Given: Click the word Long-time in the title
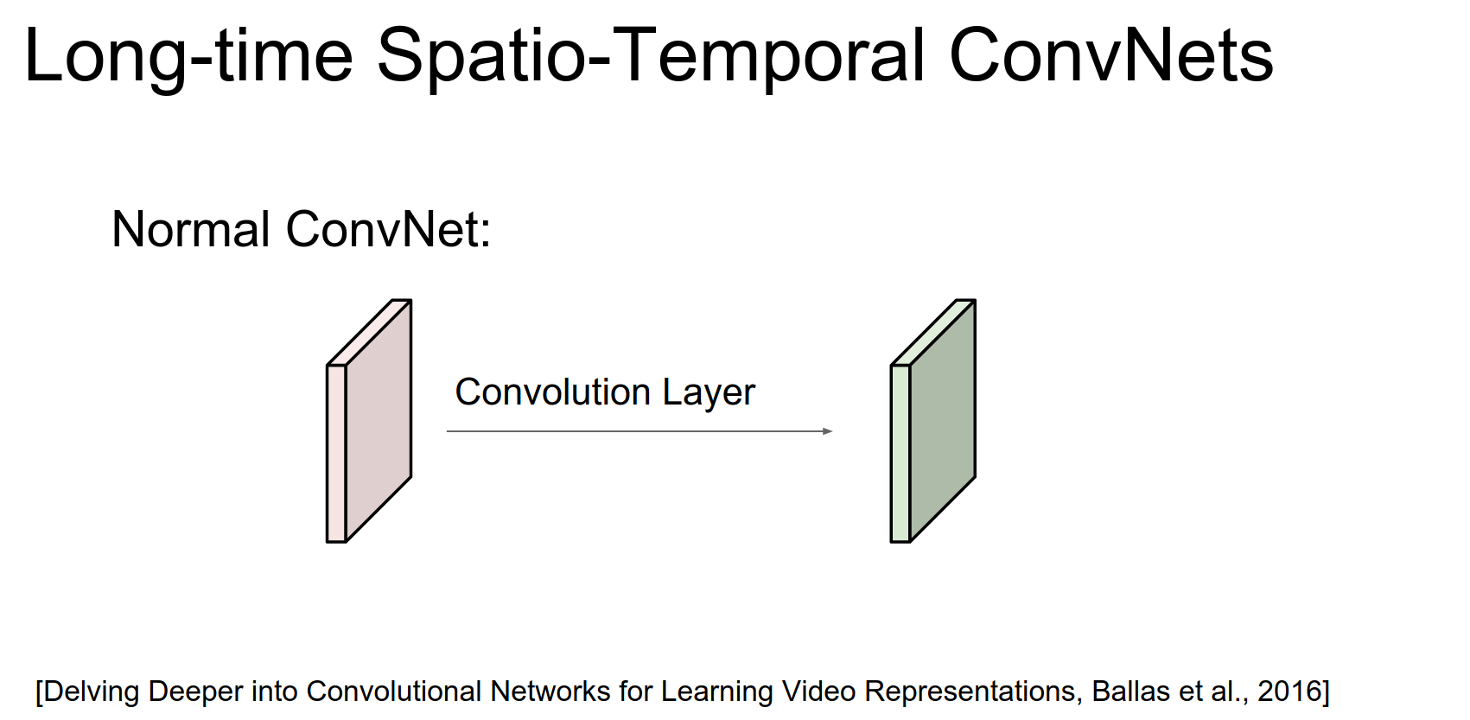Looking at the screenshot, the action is point(189,57).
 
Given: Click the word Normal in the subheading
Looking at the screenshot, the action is point(191,230).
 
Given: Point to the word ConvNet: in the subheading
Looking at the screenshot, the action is point(388,230).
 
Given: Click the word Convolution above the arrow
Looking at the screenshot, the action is point(553,392).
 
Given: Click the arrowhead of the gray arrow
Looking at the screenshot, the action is point(828,430).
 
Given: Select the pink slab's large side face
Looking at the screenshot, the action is point(379,421).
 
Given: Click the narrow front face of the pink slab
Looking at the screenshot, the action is point(336,454).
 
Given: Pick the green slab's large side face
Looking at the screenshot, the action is point(943,421).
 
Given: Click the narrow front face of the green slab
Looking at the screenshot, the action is point(900,454).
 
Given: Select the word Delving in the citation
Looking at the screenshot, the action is point(92,692).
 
